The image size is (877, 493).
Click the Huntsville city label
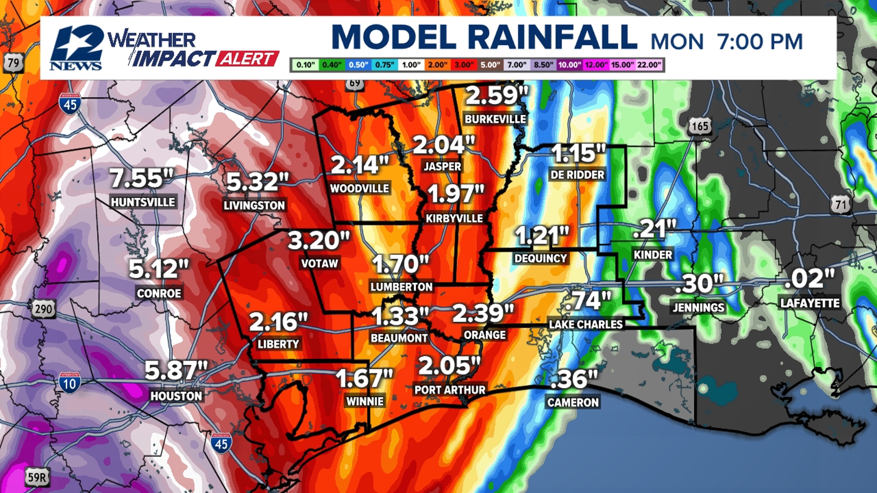click(143, 202)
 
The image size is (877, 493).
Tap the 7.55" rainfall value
click(142, 178)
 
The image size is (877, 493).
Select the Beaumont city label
click(399, 338)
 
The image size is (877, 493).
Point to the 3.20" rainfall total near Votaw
click(318, 240)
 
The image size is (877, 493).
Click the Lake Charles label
click(586, 325)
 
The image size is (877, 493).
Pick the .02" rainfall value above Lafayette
click(809, 279)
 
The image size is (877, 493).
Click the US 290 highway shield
click(43, 309)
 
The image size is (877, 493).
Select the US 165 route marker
click(699, 126)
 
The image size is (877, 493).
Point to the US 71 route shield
click(841, 204)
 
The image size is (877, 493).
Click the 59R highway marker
click(37, 477)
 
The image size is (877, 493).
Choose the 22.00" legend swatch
click(649, 65)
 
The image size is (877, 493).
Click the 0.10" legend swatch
click(305, 65)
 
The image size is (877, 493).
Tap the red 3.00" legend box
click(464, 65)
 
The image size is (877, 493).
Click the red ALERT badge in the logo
click(247, 59)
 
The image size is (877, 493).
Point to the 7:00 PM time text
click(760, 42)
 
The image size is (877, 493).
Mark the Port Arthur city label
click(450, 390)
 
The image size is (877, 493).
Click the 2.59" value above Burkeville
click(497, 95)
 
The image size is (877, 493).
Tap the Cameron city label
click(573, 403)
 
